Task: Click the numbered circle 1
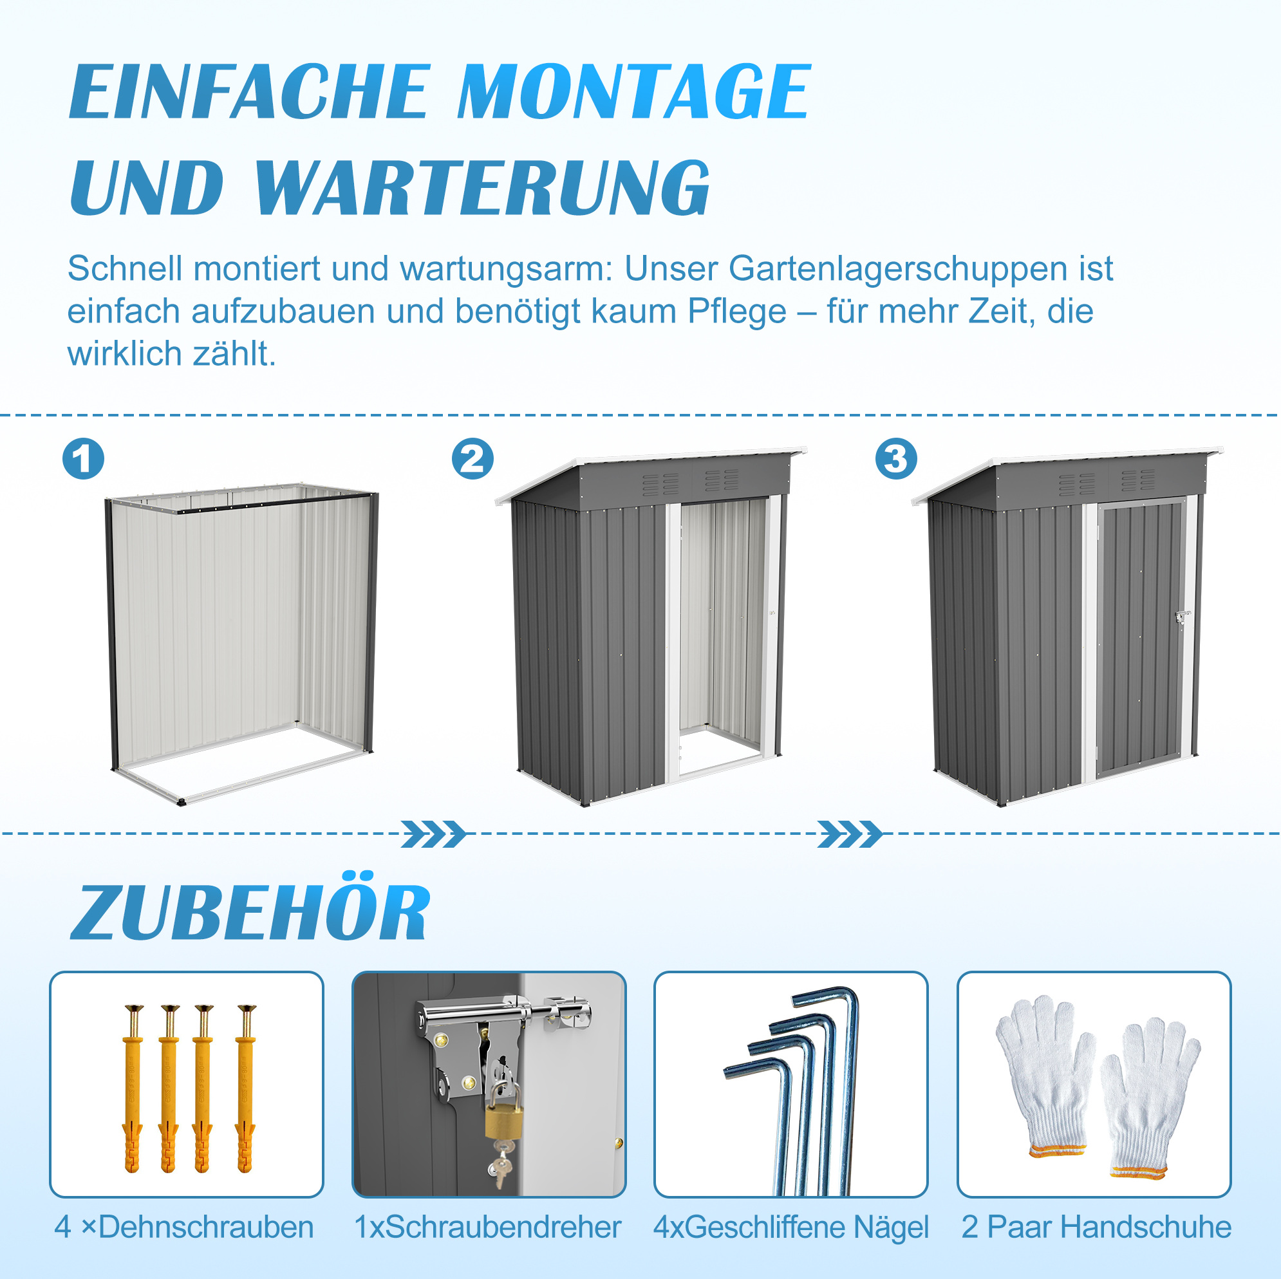(83, 459)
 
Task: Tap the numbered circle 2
(472, 459)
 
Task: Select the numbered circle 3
(896, 459)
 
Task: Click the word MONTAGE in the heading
(634, 91)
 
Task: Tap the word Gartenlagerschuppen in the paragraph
(898, 270)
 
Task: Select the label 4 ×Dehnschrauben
(184, 1228)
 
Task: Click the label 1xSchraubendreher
(488, 1228)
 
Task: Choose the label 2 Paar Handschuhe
(1097, 1228)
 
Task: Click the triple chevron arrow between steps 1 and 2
(434, 834)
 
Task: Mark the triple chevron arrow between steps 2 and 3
(850, 834)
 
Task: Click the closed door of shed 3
(1141, 637)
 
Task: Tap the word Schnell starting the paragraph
(126, 268)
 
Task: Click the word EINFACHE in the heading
(250, 91)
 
